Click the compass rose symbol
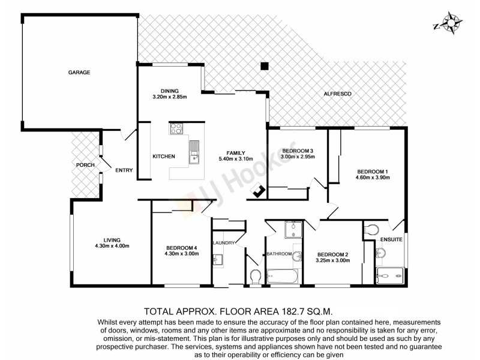click(x=448, y=23)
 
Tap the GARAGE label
click(x=78, y=73)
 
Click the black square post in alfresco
click(x=263, y=67)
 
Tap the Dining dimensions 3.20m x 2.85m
click(x=170, y=97)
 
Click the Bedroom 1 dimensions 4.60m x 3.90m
click(x=373, y=178)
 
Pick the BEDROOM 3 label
click(x=298, y=150)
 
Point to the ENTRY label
click(x=124, y=170)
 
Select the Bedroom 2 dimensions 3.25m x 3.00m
click(x=333, y=260)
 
